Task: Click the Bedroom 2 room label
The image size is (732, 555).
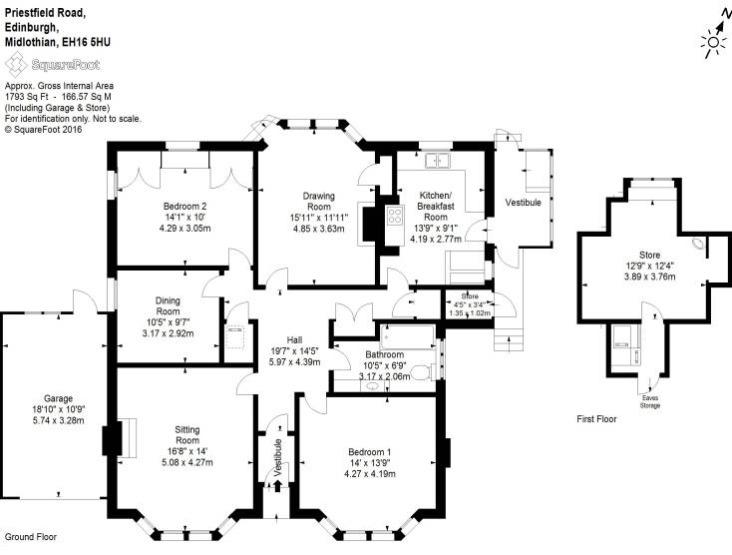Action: click(184, 206)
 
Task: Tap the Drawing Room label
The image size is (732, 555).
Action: click(319, 201)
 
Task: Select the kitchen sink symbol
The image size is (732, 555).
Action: click(437, 161)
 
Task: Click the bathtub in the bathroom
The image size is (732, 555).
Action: click(408, 336)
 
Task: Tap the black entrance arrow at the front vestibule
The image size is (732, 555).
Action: click(278, 486)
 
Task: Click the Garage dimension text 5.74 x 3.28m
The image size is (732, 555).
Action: click(59, 420)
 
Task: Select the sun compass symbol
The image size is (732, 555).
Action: click(713, 43)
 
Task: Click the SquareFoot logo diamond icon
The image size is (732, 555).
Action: click(16, 65)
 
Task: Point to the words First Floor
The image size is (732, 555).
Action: click(596, 419)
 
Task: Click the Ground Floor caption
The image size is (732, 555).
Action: click(31, 537)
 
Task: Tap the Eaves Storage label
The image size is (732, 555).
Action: click(650, 401)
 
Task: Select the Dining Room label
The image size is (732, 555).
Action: click(169, 306)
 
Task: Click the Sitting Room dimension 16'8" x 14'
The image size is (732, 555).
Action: click(187, 451)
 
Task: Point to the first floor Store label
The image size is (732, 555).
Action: click(650, 256)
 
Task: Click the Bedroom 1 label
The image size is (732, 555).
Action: click(370, 452)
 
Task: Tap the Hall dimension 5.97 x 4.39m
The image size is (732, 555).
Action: click(294, 361)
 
